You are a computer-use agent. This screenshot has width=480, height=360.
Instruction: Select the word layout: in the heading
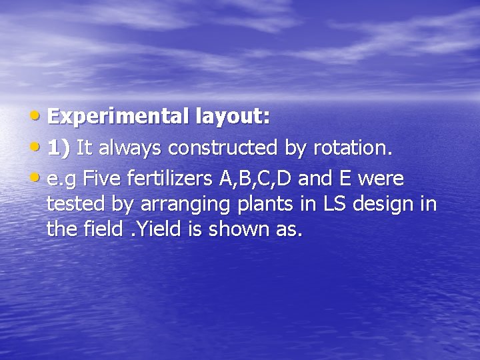[x=233, y=117]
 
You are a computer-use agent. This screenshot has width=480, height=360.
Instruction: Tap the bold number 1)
[x=59, y=147]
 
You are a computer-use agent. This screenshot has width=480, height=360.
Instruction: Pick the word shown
[x=240, y=229]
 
